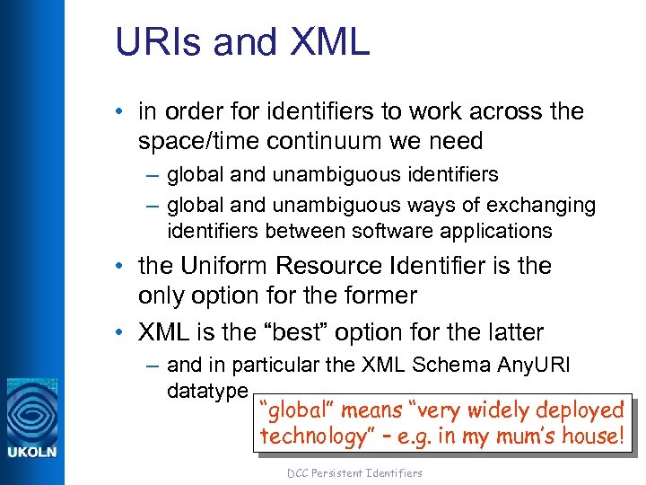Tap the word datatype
207,391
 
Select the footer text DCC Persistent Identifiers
354,472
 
